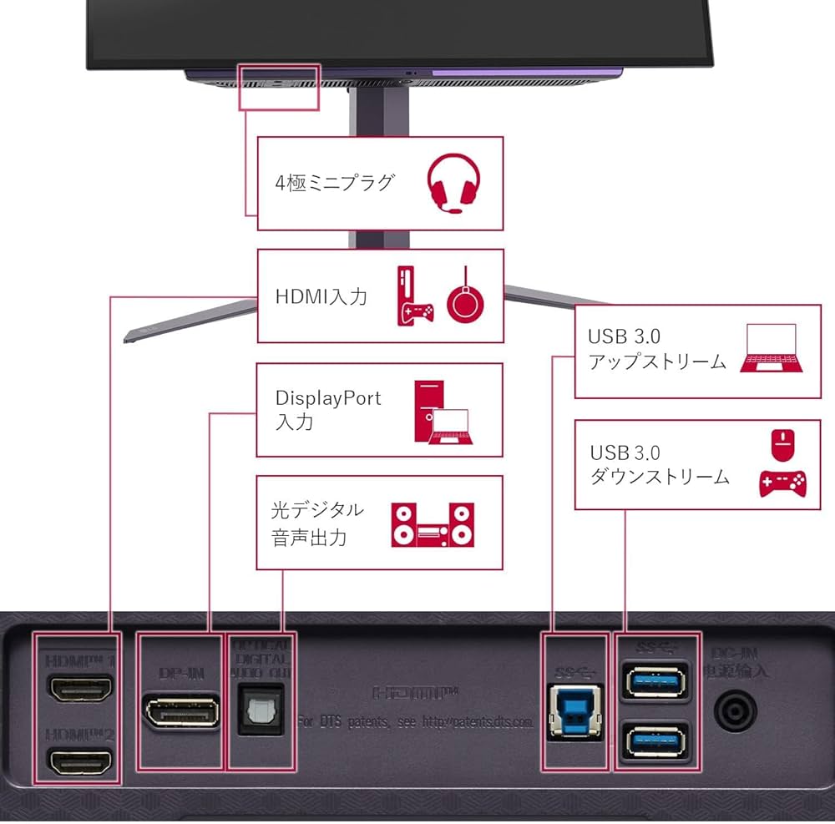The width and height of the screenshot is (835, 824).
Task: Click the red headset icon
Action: click(454, 184)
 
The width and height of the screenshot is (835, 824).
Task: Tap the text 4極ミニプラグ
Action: click(334, 182)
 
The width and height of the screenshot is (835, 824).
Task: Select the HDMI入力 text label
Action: click(321, 296)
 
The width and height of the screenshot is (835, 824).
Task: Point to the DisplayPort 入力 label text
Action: click(327, 409)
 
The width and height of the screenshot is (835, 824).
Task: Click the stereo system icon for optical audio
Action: click(433, 523)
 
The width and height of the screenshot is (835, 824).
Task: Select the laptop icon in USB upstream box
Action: click(772, 350)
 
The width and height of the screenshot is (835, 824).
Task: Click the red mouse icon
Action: click(782, 445)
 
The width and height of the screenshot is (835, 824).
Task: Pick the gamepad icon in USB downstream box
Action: click(782, 483)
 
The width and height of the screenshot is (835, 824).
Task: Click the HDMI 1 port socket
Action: click(80, 690)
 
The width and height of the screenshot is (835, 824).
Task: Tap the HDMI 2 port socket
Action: click(80, 761)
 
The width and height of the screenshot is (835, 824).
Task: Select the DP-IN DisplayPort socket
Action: click(181, 712)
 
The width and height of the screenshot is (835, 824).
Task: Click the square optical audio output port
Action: click(261, 709)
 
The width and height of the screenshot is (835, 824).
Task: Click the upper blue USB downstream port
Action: click(655, 680)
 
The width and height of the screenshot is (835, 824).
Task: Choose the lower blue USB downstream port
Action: click(655, 741)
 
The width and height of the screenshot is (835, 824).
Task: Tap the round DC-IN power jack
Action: click(735, 711)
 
